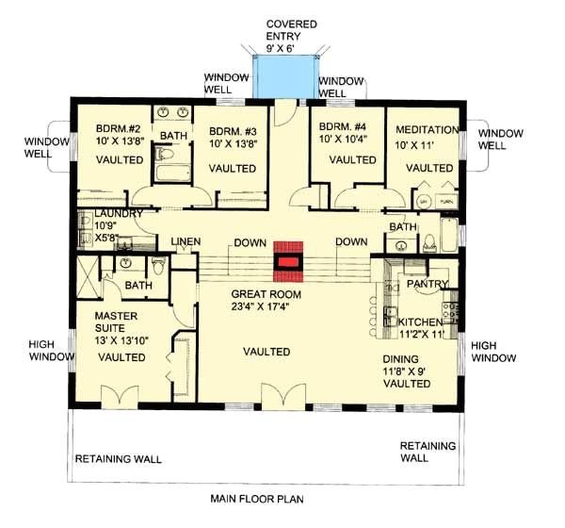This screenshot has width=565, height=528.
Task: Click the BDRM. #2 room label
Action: (x=121, y=129)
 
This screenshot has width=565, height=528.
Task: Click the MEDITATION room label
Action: (x=427, y=129)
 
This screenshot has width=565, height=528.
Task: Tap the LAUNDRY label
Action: (x=112, y=214)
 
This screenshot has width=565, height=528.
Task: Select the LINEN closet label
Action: (x=185, y=242)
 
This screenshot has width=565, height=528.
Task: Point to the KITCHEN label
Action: (x=411, y=322)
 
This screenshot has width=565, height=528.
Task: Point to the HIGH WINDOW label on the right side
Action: (x=493, y=352)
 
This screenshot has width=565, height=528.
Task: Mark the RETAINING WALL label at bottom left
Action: (x=118, y=460)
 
